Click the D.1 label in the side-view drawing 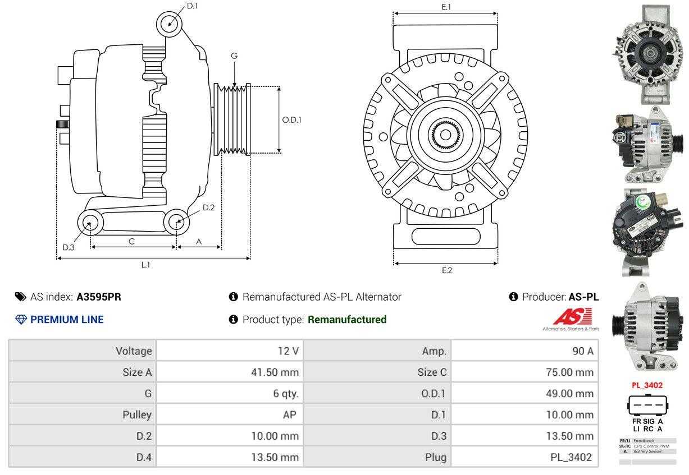tap(193, 6)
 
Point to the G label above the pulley tap(234, 56)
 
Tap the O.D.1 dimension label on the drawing tap(291, 119)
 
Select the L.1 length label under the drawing tap(145, 265)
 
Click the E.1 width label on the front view tap(446, 7)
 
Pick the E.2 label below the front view tap(446, 270)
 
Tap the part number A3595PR tap(99, 297)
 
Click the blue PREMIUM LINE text tap(67, 320)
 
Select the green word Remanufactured tap(347, 320)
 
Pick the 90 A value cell tap(582, 351)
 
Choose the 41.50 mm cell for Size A tap(275, 372)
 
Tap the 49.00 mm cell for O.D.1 tap(569, 394)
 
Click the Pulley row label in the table tap(137, 415)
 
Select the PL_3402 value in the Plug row tap(571, 457)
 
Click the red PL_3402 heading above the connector tap(647, 385)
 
